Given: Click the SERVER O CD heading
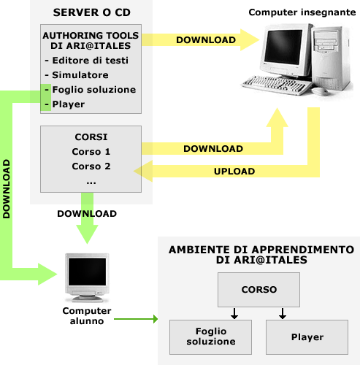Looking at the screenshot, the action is click(x=92, y=12).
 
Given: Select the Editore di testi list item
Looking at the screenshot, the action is click(x=91, y=61).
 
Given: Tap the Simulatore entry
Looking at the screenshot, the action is click(x=80, y=75).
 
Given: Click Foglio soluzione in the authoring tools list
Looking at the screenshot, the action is click(x=94, y=90).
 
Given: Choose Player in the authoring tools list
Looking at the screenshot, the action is click(x=69, y=104).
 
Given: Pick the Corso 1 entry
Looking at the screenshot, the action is click(x=91, y=152).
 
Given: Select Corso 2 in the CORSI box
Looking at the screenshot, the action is click(x=91, y=166).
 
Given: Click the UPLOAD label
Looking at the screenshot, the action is click(x=234, y=172).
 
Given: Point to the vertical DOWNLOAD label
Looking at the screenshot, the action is click(x=7, y=189).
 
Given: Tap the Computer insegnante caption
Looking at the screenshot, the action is click(x=302, y=12).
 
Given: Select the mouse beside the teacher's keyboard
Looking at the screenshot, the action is click(x=320, y=91).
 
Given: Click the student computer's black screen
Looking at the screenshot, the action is click(x=87, y=272).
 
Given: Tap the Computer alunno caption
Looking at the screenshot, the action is click(x=87, y=316).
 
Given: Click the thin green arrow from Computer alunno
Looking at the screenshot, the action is click(x=136, y=319).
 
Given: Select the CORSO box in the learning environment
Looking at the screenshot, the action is click(x=258, y=290).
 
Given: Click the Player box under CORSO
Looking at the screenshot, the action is click(x=307, y=337).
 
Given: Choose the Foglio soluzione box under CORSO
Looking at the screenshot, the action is click(x=210, y=337).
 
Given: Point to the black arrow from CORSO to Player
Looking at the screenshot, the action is click(x=283, y=313).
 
